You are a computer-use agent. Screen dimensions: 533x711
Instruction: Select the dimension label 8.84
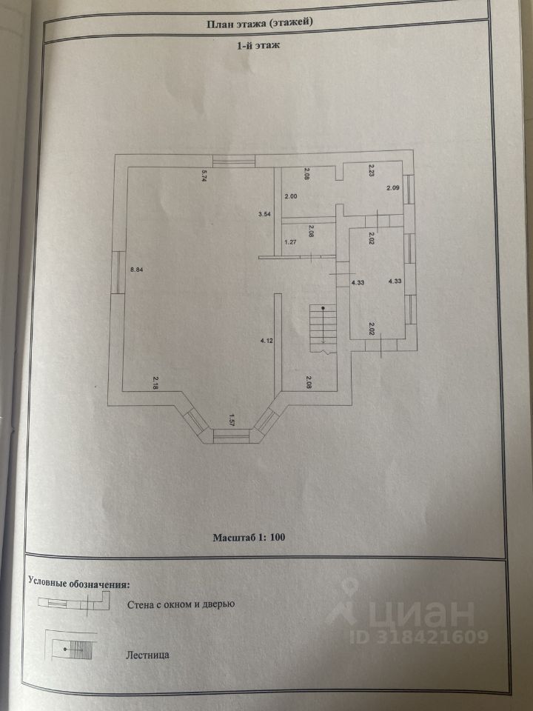tap(135, 269)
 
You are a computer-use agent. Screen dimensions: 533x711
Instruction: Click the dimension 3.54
tap(264, 214)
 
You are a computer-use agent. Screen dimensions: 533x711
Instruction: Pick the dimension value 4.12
tap(266, 341)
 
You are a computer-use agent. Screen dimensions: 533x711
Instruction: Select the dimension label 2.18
tap(155, 382)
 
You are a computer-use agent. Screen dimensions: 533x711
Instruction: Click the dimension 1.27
tap(291, 241)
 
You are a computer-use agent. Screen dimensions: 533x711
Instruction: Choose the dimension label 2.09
tap(393, 188)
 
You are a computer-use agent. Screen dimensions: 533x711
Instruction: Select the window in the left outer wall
tap(117, 271)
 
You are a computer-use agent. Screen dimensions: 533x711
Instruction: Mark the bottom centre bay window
tap(232, 435)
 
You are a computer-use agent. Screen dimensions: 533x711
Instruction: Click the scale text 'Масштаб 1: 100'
tap(249, 537)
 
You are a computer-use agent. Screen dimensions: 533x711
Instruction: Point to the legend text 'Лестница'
tap(149, 655)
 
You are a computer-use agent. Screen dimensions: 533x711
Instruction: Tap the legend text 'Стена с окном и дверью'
tap(181, 605)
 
